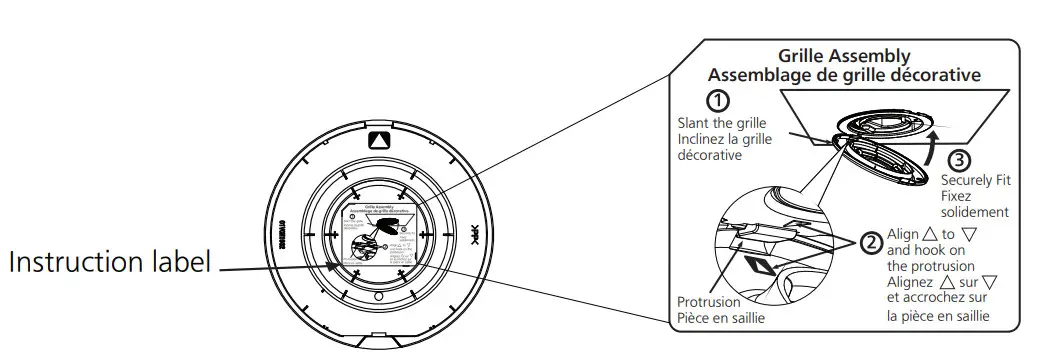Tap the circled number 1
[x=717, y=100]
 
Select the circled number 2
[x=872, y=242]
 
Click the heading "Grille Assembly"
[x=844, y=57]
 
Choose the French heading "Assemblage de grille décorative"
[x=844, y=75]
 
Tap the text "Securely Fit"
[x=976, y=178]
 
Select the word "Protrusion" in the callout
[x=709, y=303]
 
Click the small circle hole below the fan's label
[x=377, y=297]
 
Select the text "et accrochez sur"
[x=937, y=300]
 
